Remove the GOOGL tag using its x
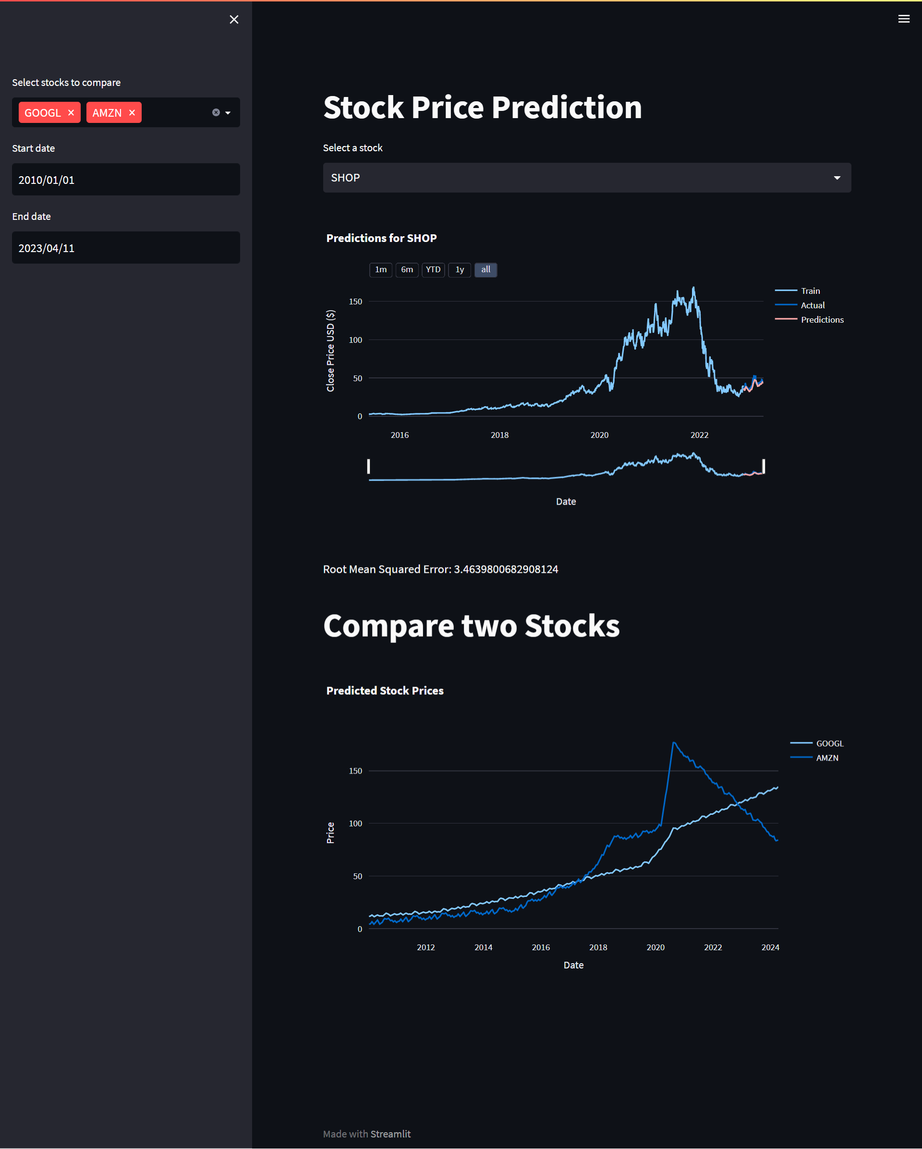(71, 112)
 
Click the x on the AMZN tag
(132, 112)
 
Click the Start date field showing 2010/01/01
(126, 180)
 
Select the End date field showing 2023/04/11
(126, 248)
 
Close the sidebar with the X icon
(234, 20)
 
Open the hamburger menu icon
(903, 19)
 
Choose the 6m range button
(407, 270)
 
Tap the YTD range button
(433, 270)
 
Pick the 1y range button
(460, 270)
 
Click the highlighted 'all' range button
(485, 270)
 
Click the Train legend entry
(810, 291)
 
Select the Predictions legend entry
(822, 320)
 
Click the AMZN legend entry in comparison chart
(826, 758)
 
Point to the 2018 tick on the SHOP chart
(499, 435)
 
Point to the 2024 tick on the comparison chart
(770, 947)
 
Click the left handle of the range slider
(369, 466)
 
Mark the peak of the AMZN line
(674, 742)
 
